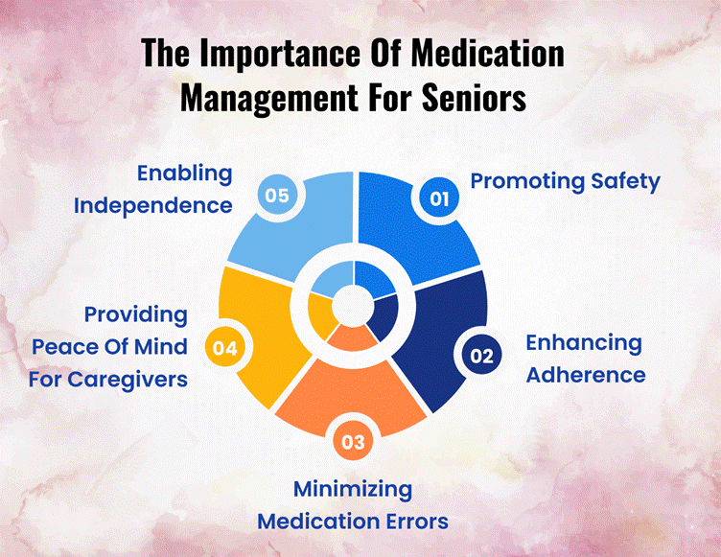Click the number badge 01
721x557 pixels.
click(x=439, y=198)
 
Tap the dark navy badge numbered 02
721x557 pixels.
click(x=481, y=355)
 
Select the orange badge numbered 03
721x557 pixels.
click(x=353, y=442)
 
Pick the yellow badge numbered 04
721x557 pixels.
click(x=225, y=348)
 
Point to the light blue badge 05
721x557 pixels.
click(x=277, y=195)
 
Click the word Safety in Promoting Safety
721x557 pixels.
click(x=625, y=181)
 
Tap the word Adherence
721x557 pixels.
click(x=586, y=375)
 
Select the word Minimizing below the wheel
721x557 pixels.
click(x=353, y=490)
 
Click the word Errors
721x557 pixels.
click(x=417, y=522)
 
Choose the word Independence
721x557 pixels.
click(x=153, y=205)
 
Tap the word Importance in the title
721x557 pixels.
click(x=281, y=55)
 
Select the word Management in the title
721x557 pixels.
click(x=269, y=99)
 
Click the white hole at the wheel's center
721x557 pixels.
click(x=353, y=306)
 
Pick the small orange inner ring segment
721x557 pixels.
click(x=353, y=338)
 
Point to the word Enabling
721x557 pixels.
click(x=185, y=174)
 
